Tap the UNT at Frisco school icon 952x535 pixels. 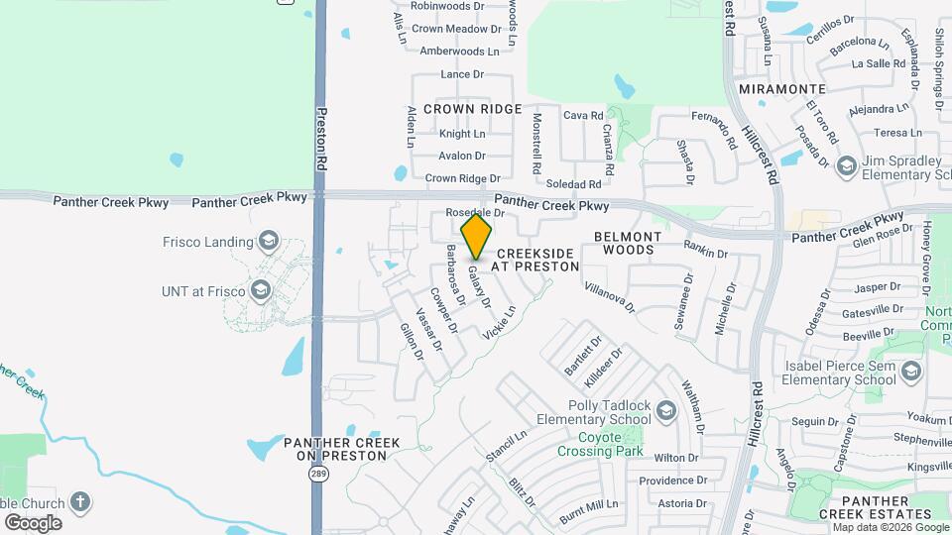[x=261, y=290]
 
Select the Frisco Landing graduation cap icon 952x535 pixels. [x=268, y=241]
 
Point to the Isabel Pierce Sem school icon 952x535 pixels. [x=910, y=372]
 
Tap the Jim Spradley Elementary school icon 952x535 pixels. [x=846, y=165]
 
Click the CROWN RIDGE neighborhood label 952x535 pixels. [x=473, y=108]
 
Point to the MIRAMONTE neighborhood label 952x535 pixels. [x=778, y=89]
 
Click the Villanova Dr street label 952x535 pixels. [x=610, y=294]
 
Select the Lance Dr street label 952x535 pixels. [x=462, y=74]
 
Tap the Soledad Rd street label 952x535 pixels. [x=574, y=184]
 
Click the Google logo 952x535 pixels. [x=33, y=522]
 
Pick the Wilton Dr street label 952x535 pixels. [x=676, y=458]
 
